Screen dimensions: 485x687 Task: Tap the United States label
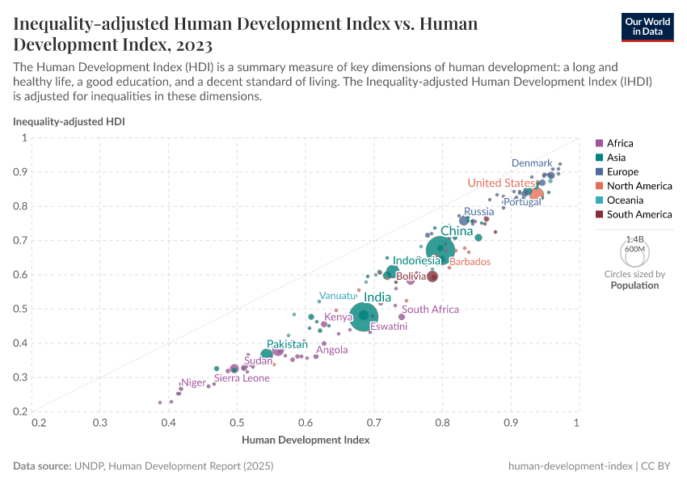pyautogui.click(x=500, y=183)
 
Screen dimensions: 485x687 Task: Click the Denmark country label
pyautogui.click(x=531, y=163)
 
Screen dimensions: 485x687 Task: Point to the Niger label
pyautogui.click(x=193, y=382)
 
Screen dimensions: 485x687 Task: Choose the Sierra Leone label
pyautogui.click(x=242, y=377)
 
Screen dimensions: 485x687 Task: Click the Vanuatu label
pyautogui.click(x=337, y=296)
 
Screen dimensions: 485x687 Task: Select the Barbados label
pyautogui.click(x=470, y=262)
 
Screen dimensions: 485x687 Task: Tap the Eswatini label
pyautogui.click(x=388, y=327)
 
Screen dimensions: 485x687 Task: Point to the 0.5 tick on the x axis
pyautogui.click(x=237, y=422)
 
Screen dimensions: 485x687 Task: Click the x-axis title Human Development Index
pyautogui.click(x=306, y=440)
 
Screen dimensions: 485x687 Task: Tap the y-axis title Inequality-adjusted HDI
pyautogui.click(x=69, y=121)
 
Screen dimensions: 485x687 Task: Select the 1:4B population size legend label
pyautogui.click(x=634, y=239)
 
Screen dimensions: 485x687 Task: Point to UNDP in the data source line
pyautogui.click(x=90, y=466)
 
